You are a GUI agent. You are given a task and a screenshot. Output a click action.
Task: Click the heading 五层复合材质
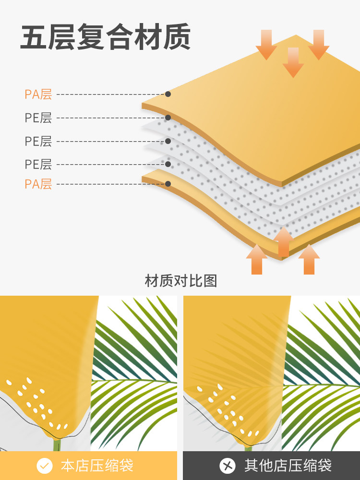pyautogui.click(x=105, y=37)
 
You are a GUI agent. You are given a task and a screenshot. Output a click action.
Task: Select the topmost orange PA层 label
pyautogui.click(x=38, y=94)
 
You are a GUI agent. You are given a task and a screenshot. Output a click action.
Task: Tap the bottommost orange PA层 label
pyautogui.click(x=38, y=184)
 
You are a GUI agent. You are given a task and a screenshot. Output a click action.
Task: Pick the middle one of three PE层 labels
pyautogui.click(x=38, y=141)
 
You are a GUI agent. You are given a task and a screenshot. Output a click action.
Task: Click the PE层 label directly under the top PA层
pyautogui.click(x=38, y=118)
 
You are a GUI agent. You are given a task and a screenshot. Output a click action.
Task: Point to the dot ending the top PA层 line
pyautogui.click(x=168, y=94)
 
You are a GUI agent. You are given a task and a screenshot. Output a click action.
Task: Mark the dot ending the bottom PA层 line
pyautogui.click(x=168, y=184)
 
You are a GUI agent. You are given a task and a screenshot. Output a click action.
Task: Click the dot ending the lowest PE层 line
pyautogui.click(x=168, y=164)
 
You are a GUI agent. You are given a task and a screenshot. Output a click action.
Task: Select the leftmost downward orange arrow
pyautogui.click(x=266, y=44)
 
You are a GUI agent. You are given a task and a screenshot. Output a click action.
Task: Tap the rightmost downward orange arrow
pyautogui.click(x=319, y=44)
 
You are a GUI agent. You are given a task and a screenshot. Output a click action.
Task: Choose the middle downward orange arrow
pyautogui.click(x=293, y=62)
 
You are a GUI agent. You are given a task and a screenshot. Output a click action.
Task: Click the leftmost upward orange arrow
pyautogui.click(x=257, y=259)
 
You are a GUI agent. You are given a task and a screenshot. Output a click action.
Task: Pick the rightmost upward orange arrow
pyautogui.click(x=309, y=259)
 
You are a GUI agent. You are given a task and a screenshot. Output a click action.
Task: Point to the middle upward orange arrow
pyautogui.click(x=284, y=241)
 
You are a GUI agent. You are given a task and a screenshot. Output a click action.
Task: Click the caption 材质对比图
pyautogui.click(x=180, y=281)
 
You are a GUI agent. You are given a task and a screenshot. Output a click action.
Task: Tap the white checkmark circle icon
pyautogui.click(x=45, y=465)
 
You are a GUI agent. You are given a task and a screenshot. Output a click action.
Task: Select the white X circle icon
pyautogui.click(x=228, y=465)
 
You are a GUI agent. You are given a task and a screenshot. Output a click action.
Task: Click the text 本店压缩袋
pyautogui.click(x=97, y=465)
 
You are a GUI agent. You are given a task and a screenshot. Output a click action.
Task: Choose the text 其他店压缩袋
pyautogui.click(x=288, y=465)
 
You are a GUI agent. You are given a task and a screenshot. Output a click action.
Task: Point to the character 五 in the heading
pyautogui.click(x=34, y=37)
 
